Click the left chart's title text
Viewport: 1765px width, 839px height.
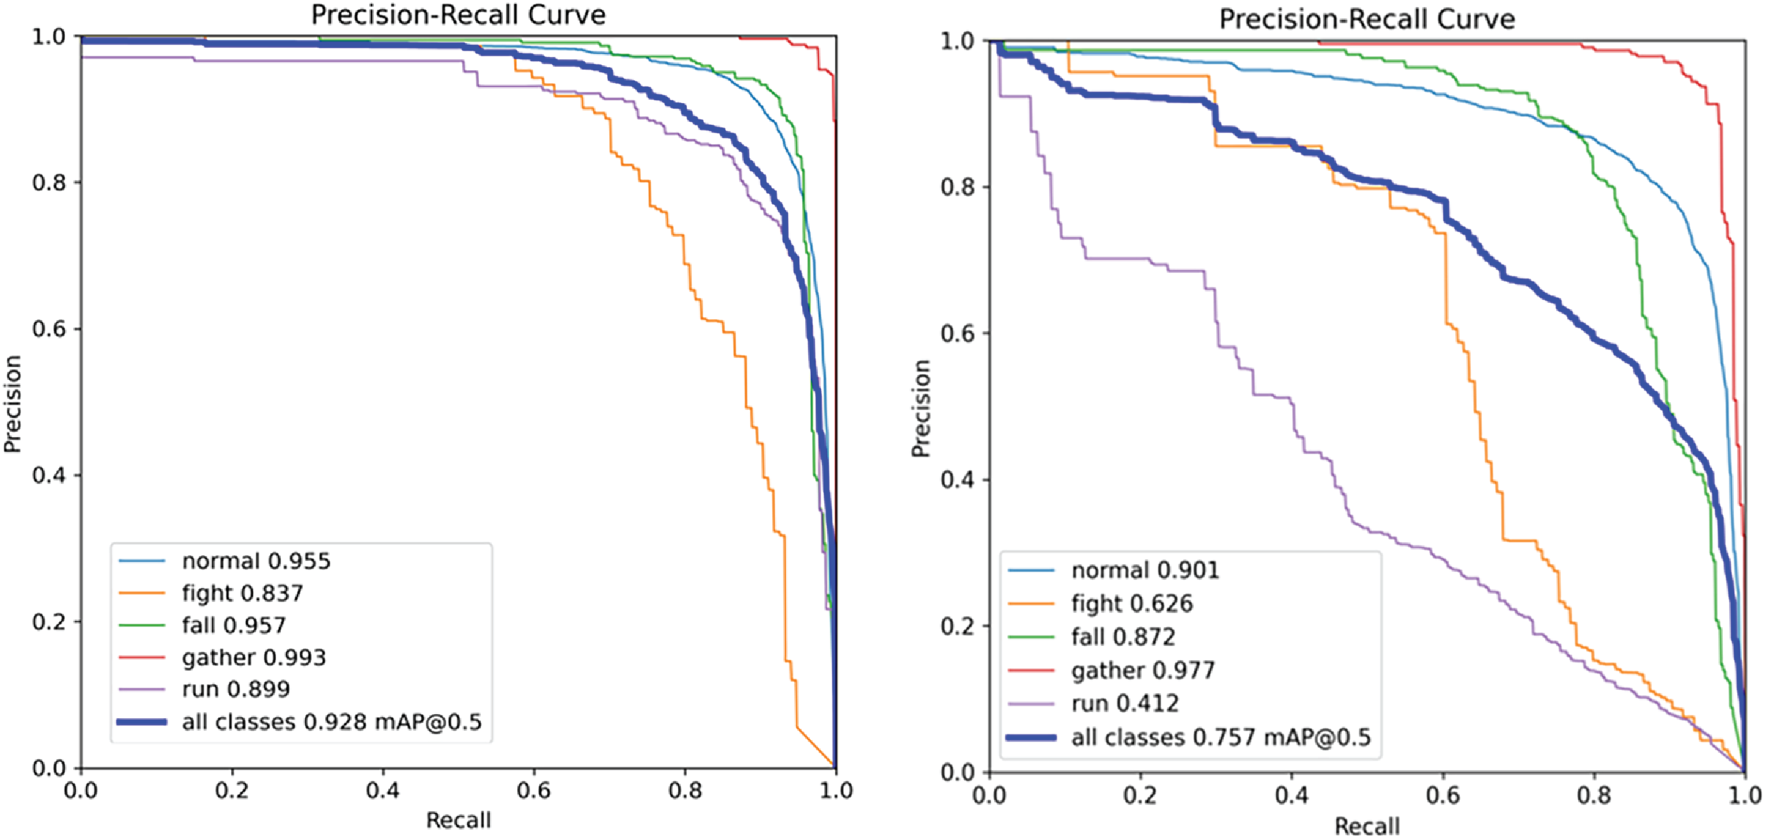point(458,15)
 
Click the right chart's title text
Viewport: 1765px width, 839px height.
point(1367,19)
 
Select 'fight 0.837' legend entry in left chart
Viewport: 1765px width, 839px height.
point(242,593)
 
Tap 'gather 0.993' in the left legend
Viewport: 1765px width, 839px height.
point(254,657)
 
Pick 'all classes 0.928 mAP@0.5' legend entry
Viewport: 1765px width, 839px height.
point(332,722)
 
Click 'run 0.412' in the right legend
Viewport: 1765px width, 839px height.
point(1125,703)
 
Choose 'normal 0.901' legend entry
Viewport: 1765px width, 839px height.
point(1145,570)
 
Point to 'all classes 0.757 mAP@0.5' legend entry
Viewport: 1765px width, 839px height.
point(1221,737)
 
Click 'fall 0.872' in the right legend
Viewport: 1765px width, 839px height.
point(1123,637)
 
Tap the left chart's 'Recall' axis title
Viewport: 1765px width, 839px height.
point(459,820)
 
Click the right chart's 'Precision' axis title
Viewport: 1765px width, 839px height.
point(921,408)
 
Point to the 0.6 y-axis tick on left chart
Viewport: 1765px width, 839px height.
point(47,329)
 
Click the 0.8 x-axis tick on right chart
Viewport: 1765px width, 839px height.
point(1594,795)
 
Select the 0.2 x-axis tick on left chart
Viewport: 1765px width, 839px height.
point(232,790)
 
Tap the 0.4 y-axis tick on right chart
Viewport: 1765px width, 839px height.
point(957,480)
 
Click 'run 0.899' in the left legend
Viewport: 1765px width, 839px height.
point(236,689)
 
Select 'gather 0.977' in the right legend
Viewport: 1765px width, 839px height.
point(1143,670)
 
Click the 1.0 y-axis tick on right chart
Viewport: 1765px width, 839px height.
point(957,41)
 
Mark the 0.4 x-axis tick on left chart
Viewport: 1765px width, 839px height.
point(382,790)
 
